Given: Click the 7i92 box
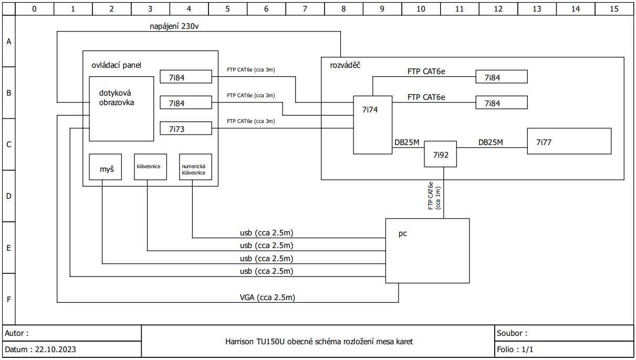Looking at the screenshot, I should coord(440,154).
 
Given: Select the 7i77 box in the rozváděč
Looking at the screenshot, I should coord(569,141).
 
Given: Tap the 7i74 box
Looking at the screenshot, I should coord(372,125).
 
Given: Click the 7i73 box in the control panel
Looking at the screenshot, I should coord(185,129).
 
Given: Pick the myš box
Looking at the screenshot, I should coord(106,167).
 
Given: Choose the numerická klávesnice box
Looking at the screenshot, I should coord(195,167).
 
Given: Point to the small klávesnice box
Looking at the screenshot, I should coord(150,167).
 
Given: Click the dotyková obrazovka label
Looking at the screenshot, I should coord(117,98).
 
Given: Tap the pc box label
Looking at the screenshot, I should coord(403,234).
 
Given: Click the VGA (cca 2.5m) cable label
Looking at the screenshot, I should coord(267,297).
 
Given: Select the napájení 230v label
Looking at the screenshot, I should coord(174,26).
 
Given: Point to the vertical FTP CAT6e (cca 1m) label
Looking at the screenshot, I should coord(434,196).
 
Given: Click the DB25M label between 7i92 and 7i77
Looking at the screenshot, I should coord(491,142).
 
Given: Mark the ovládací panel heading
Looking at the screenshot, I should coord(116,65).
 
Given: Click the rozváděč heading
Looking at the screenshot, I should coord(345,65).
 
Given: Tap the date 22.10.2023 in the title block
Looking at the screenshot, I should coord(56,349).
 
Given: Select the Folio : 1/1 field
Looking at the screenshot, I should coord(515,349).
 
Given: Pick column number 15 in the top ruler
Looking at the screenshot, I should coord(614,9).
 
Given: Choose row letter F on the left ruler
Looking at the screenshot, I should coord(9,300).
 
